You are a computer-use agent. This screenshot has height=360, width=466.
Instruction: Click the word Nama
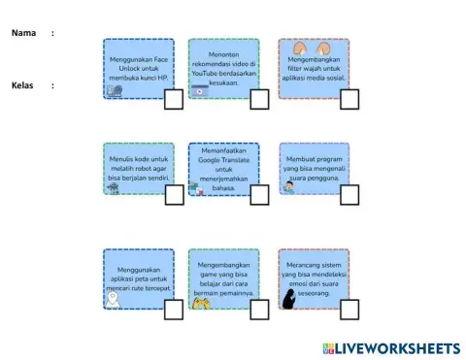point(23,33)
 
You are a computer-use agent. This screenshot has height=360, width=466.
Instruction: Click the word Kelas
point(23,85)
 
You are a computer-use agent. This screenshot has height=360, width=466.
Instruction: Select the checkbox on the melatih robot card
point(174,195)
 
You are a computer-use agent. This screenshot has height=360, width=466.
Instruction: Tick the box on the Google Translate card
point(259,195)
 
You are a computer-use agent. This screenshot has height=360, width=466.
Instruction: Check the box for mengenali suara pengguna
point(349,195)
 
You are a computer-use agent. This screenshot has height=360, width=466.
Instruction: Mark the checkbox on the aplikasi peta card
point(174,309)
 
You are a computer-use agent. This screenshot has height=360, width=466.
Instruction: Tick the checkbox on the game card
point(259,309)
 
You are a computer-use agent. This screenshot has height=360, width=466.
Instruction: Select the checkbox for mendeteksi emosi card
point(349,309)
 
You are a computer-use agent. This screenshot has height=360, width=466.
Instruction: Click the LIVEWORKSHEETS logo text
point(397,347)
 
